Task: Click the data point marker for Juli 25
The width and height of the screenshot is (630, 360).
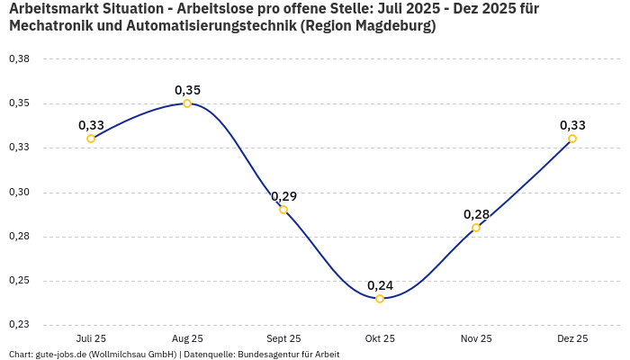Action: pyautogui.click(x=91, y=139)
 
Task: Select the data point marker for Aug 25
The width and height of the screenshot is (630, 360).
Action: pyautogui.click(x=187, y=103)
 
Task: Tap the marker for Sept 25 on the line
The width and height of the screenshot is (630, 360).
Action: pyautogui.click(x=283, y=210)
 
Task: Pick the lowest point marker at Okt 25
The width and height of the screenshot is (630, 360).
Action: pyautogui.click(x=380, y=299)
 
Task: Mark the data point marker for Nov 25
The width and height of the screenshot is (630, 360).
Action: pyautogui.click(x=476, y=228)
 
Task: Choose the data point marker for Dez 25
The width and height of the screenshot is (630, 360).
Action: pyautogui.click(x=572, y=139)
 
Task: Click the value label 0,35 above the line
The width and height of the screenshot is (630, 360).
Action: pyautogui.click(x=187, y=90)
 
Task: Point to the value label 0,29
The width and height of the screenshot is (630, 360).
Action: pyautogui.click(x=283, y=196)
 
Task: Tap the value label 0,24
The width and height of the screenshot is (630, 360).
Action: pyautogui.click(x=380, y=285)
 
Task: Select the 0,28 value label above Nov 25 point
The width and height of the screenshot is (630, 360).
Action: pyautogui.click(x=476, y=214)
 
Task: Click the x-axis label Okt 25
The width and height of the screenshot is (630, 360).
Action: pyautogui.click(x=380, y=338)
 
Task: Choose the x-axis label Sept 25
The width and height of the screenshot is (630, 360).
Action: pyautogui.click(x=283, y=338)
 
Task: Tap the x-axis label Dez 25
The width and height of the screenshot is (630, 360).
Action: pyautogui.click(x=572, y=338)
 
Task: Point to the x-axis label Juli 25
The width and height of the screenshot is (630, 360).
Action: pyautogui.click(x=91, y=338)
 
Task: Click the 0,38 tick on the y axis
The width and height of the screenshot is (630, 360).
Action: pyautogui.click(x=19, y=58)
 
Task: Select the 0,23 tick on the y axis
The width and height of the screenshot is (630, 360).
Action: pyautogui.click(x=19, y=325)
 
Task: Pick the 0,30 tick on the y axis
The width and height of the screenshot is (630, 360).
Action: pyautogui.click(x=19, y=192)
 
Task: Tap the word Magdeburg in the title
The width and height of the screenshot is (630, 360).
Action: pyautogui.click(x=393, y=26)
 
